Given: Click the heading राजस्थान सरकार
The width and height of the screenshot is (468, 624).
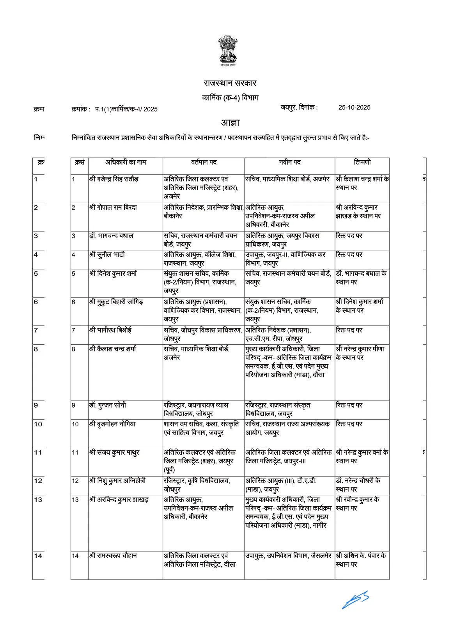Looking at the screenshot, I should click(x=230, y=83).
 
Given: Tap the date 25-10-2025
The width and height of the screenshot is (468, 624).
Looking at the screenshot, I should click(x=354, y=108).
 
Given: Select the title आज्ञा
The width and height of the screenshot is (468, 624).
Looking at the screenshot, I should click(x=230, y=122).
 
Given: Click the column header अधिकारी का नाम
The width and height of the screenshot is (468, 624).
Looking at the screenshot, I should click(x=126, y=162).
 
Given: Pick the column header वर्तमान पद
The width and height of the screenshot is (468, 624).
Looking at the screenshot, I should click(x=204, y=162).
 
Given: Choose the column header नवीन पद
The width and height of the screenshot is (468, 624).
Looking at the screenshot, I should click(x=289, y=162).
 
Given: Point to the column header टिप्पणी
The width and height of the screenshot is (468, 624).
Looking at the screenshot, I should click(x=362, y=162).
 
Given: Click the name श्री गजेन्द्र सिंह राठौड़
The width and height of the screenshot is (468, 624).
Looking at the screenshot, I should click(x=113, y=179).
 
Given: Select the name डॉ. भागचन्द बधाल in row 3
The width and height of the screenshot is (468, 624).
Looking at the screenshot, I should click(x=111, y=236).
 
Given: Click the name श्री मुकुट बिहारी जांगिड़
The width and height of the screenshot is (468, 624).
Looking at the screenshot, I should click(x=116, y=302).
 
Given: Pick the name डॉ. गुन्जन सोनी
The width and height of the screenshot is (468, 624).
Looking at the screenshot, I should click(x=108, y=405).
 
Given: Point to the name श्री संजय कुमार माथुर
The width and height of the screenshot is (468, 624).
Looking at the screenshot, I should click(x=114, y=452).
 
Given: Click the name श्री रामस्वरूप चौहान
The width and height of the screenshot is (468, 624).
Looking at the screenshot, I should click(x=113, y=556).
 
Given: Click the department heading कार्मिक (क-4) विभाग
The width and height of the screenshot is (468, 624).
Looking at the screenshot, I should click(x=230, y=97).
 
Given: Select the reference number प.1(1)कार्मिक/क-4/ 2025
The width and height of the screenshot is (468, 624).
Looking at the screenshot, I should click(x=126, y=109).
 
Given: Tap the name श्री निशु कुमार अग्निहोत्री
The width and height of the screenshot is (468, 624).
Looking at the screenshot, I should click(x=117, y=481).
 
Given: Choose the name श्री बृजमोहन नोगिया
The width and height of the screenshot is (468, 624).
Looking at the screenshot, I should click(x=112, y=424).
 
